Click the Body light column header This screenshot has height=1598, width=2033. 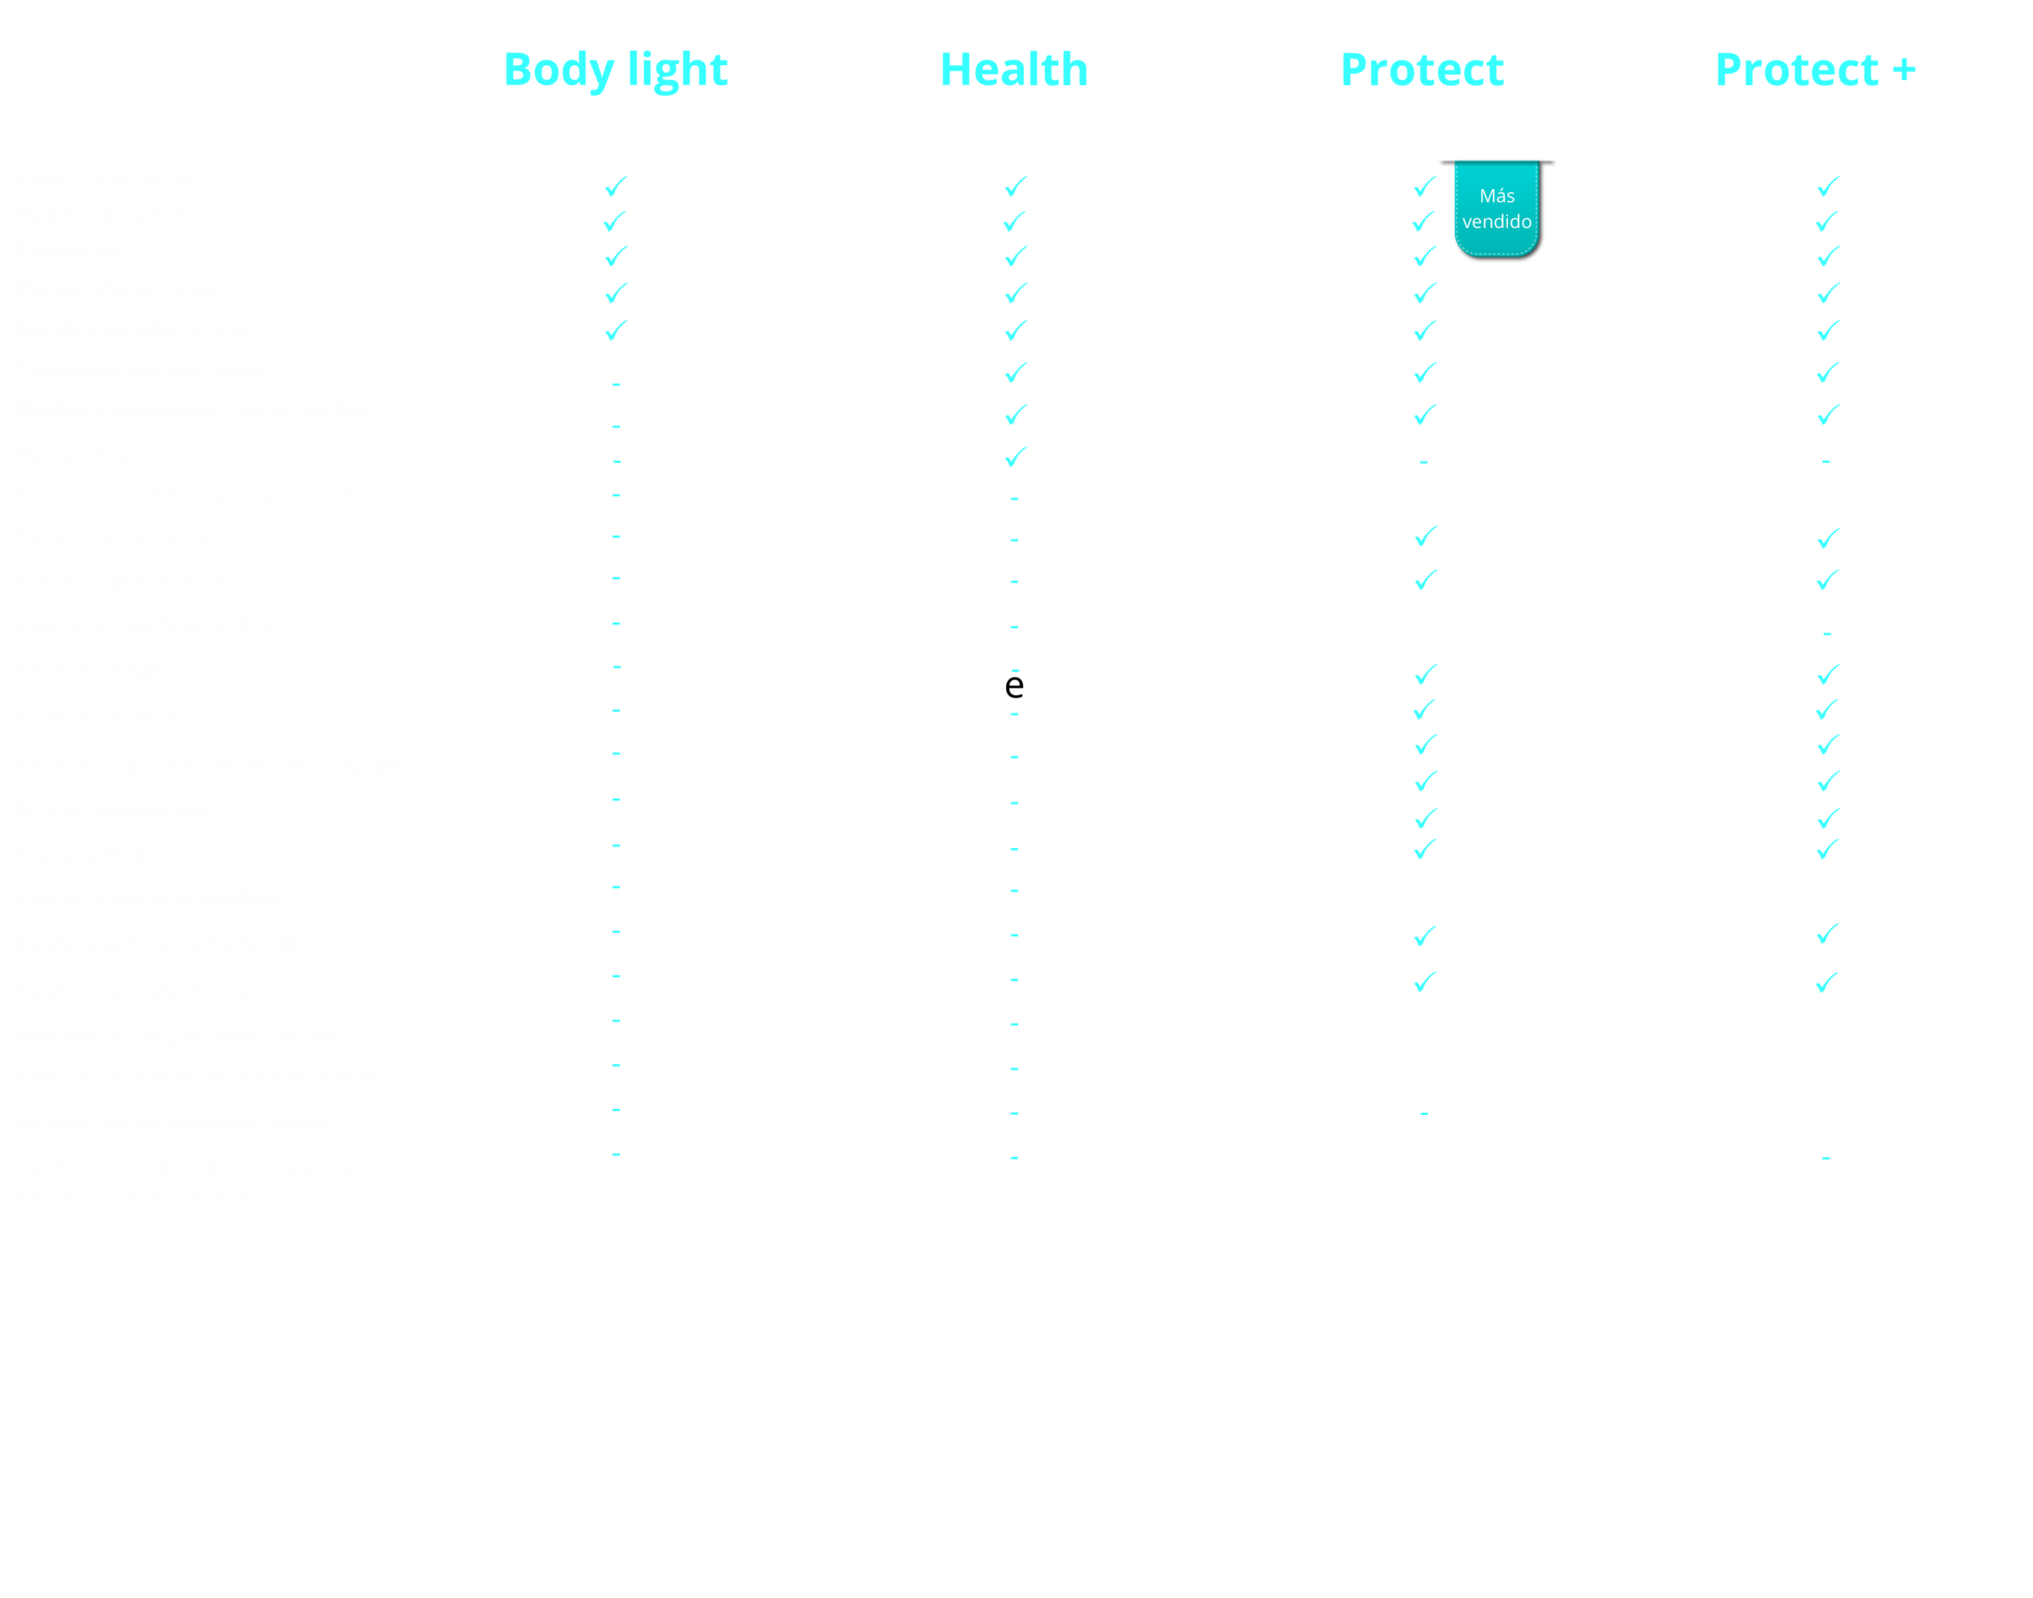click(615, 70)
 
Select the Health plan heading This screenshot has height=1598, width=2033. click(1013, 70)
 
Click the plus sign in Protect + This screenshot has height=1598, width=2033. click(1902, 70)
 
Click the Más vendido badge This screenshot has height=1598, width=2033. click(1497, 210)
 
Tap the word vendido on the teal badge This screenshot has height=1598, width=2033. click(1497, 222)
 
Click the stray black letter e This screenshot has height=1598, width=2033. click(1013, 685)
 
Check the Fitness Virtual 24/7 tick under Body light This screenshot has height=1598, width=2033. click(615, 186)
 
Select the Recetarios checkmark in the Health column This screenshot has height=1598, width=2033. click(1015, 257)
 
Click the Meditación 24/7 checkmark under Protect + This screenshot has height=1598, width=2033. click(1827, 222)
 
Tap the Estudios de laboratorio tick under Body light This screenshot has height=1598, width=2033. click(615, 330)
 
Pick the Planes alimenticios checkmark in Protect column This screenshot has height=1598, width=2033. click(1425, 293)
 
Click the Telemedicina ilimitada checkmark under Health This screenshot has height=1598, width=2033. click(1015, 372)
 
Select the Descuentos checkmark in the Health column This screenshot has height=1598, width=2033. click(1015, 457)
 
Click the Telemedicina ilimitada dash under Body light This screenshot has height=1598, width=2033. click(615, 384)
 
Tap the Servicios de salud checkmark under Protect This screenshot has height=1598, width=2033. click(1425, 536)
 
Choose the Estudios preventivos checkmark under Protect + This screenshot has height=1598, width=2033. click(1827, 580)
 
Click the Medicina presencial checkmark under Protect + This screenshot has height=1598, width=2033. click(1828, 414)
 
